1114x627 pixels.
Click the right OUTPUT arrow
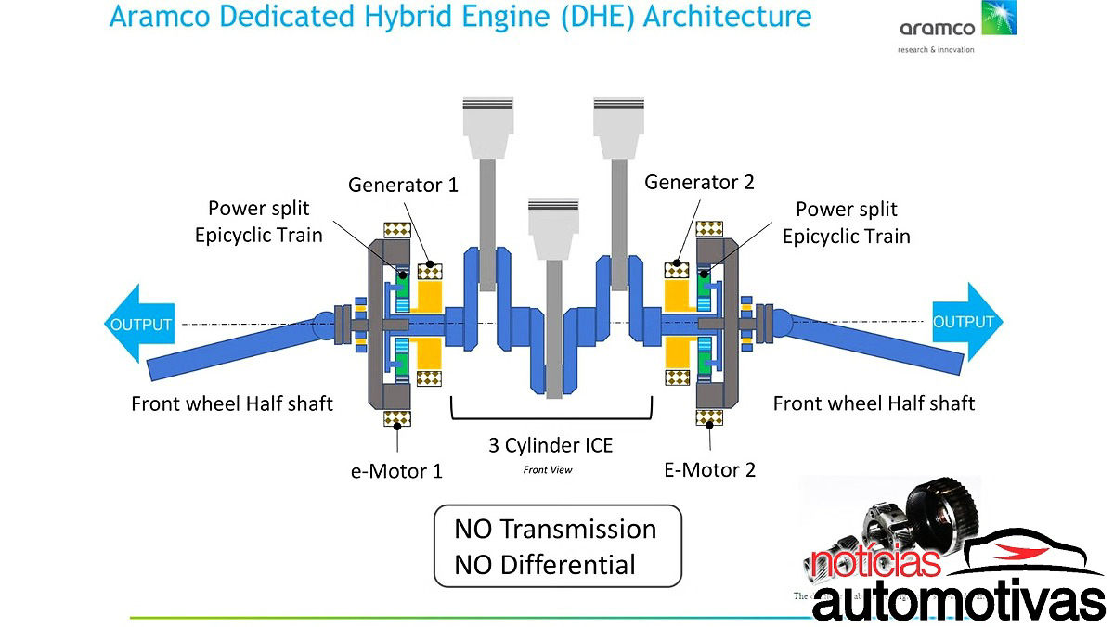tap(965, 322)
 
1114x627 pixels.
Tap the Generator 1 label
tap(403, 185)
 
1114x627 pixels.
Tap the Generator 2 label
tap(699, 183)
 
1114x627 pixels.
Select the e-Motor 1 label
tap(396, 470)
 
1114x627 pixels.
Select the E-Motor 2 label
tap(709, 469)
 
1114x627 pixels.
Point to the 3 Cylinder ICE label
tap(551, 445)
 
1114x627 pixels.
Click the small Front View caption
tap(548, 470)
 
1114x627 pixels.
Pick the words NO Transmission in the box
tap(554, 530)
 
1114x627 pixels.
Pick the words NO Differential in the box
tap(544, 564)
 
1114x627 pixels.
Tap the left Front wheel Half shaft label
tap(232, 403)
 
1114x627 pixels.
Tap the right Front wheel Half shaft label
tap(874, 403)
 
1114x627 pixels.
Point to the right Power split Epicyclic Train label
tap(846, 223)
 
